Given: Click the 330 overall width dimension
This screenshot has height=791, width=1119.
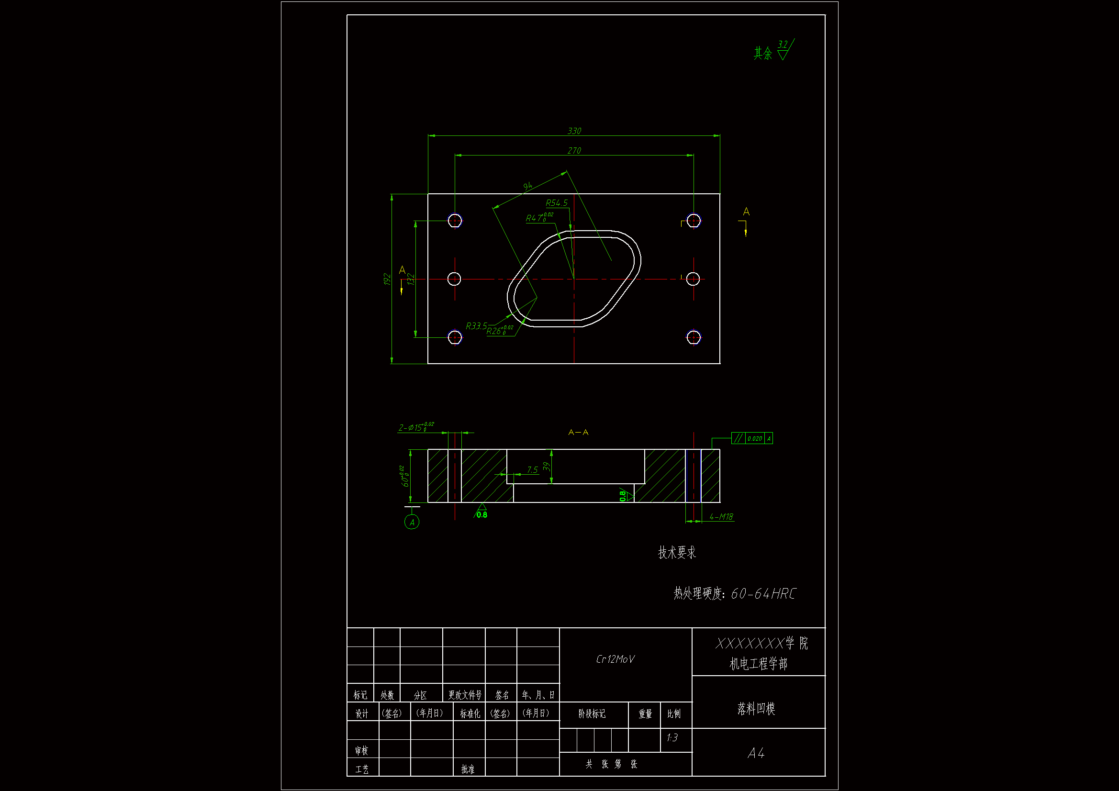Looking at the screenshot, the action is tap(574, 131).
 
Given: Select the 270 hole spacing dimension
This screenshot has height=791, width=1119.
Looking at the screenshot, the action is tap(574, 151).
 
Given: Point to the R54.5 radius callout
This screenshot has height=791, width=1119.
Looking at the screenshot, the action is tap(557, 203).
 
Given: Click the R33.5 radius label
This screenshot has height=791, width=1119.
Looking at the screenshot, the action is tap(476, 325).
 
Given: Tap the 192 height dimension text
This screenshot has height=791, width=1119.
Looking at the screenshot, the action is tap(387, 279).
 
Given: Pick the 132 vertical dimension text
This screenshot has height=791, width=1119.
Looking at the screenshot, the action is tap(411, 279).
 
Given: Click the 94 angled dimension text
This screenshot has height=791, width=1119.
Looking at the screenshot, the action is tap(528, 186).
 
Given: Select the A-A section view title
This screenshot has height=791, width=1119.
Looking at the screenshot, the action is tap(578, 432).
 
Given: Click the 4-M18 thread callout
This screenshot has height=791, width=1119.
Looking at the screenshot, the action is tap(721, 517).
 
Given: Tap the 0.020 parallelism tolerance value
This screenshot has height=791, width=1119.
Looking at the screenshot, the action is tap(754, 439).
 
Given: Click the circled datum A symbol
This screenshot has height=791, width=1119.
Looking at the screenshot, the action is tap(412, 523).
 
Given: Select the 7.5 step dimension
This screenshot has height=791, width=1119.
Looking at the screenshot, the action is tap(532, 469).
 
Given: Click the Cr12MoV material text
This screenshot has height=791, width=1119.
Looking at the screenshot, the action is tap(615, 659).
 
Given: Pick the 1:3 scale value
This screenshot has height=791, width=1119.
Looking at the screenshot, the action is tap(672, 737).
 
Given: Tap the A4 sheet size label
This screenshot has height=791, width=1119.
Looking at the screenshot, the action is tap(756, 753).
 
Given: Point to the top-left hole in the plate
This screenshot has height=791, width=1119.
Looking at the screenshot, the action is tap(455, 221).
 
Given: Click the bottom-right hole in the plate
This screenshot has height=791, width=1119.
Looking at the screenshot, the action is tap(693, 337).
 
